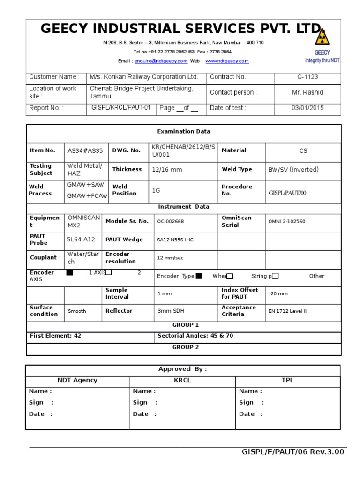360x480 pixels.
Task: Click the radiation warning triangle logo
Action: [322, 37]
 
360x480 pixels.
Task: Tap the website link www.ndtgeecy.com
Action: [227, 61]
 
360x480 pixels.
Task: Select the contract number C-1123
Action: [307, 77]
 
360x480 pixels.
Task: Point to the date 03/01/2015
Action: [307, 108]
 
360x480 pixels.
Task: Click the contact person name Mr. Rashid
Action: [307, 92]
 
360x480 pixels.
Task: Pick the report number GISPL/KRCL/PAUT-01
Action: [121, 108]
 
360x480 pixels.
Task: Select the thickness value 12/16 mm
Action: [166, 170]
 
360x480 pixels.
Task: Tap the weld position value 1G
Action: [157, 190]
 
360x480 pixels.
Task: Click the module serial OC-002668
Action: [171, 221]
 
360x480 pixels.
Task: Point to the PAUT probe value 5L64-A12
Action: [81, 240]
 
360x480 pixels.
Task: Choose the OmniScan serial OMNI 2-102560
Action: [287, 221]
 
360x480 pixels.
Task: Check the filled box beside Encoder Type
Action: [199, 276]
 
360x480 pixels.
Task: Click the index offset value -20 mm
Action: [278, 294]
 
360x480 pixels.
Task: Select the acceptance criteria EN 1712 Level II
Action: [287, 311]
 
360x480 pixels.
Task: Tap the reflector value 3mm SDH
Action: [172, 311]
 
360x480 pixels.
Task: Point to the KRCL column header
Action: [182, 380]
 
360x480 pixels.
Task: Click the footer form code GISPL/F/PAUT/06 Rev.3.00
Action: [293, 452]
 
